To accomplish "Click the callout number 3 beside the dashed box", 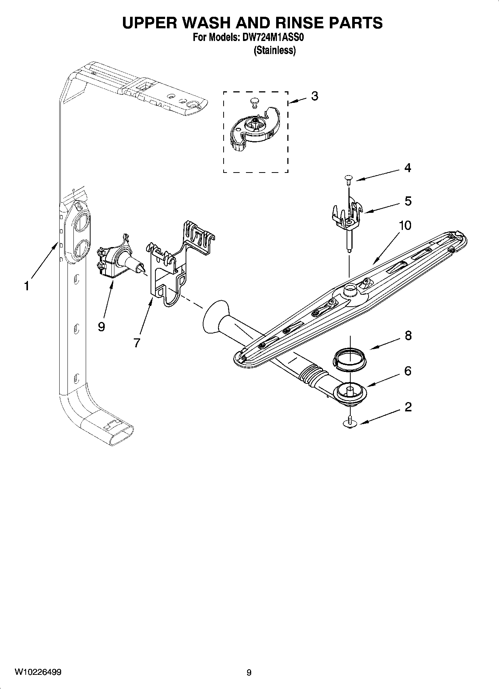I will pyautogui.click(x=315, y=96).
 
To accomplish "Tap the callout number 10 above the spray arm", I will pyautogui.click(x=405, y=225).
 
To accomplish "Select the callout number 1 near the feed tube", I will pyautogui.click(x=26, y=286).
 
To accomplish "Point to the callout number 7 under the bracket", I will pyautogui.click(x=137, y=342).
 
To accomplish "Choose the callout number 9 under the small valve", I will pyautogui.click(x=101, y=327).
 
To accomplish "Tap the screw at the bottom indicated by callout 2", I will pyautogui.click(x=350, y=423).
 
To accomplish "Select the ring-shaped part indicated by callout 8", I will pyautogui.click(x=350, y=358).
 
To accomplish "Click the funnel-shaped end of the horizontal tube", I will pyautogui.click(x=214, y=318).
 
